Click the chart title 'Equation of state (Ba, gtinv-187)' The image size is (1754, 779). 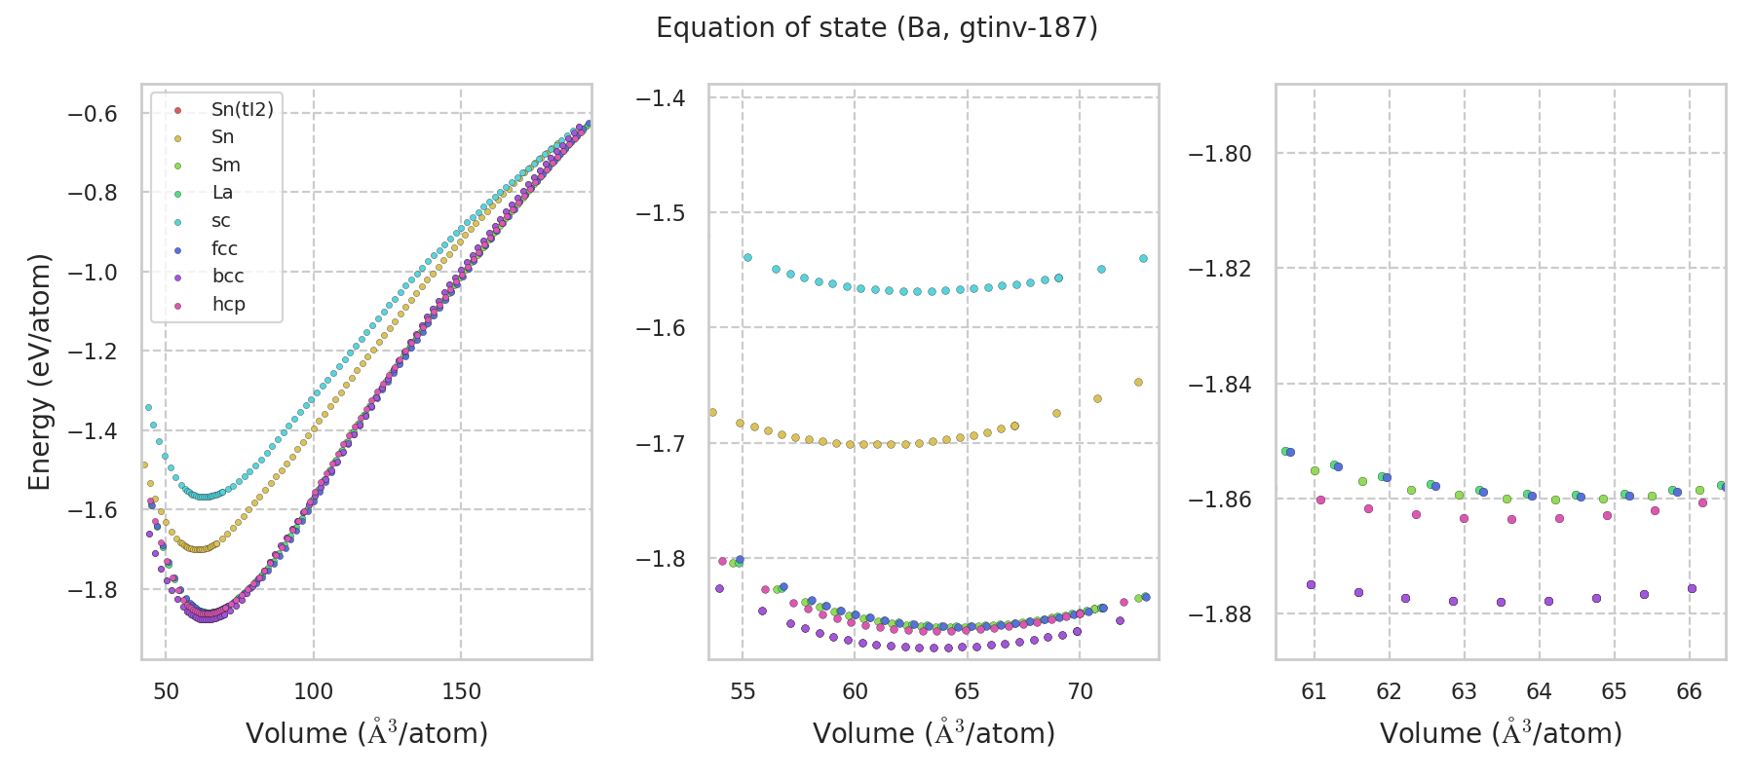tap(877, 28)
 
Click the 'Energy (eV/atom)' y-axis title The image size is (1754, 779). tap(39, 371)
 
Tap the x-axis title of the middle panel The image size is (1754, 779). tap(934, 733)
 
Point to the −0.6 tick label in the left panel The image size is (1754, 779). tap(92, 114)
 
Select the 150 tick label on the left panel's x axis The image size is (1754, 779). tap(461, 692)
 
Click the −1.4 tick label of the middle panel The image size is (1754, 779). tap(661, 98)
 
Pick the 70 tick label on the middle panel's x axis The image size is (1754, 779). tap(1080, 692)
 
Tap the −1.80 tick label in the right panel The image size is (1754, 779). tap(1220, 154)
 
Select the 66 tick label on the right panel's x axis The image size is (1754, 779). tap(1689, 692)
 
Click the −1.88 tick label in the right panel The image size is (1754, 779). tap(1220, 614)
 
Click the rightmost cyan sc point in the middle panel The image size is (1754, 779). tap(1143, 259)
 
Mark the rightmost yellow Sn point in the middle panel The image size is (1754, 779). tap(1138, 383)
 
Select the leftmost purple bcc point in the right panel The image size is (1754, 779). tap(1311, 585)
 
